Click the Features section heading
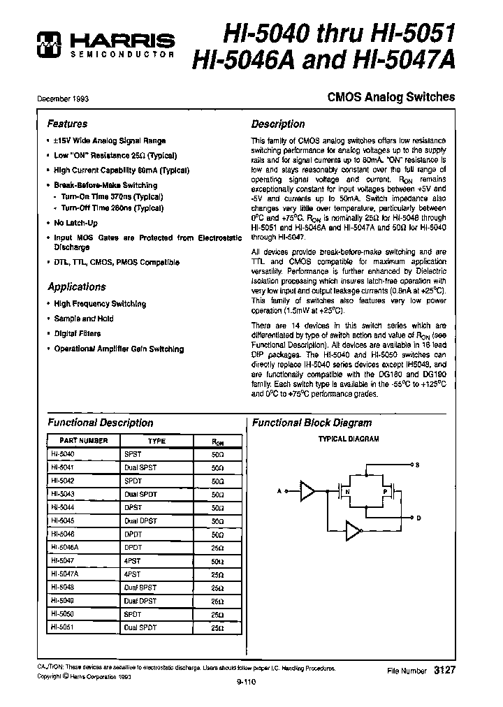pos(67,124)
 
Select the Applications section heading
pos(77,286)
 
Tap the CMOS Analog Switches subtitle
pos(391,98)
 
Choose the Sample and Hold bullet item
pos(83,319)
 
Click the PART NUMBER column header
pos(83,441)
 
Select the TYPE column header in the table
pos(156,441)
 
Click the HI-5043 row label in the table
pos(62,494)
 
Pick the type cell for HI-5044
pos(133,507)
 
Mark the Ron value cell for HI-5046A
pos(217,548)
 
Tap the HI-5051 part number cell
pos(62,627)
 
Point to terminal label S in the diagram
pos(417,465)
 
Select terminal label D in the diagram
pos(417,518)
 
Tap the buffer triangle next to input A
pos(306,492)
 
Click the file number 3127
pos(444,669)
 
